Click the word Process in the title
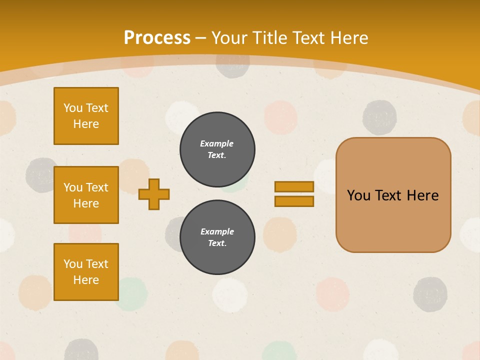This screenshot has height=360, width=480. pyautogui.click(x=157, y=38)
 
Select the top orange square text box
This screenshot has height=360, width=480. pyautogui.click(x=86, y=116)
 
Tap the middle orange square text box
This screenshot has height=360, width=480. pyautogui.click(x=86, y=195)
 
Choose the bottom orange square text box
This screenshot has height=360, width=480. pyautogui.click(x=86, y=272)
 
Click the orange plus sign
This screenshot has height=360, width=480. pyautogui.click(x=154, y=194)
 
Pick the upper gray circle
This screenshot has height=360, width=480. pyautogui.click(x=217, y=149)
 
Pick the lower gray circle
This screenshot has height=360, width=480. pyautogui.click(x=217, y=237)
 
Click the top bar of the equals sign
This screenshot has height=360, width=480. pyautogui.click(x=294, y=186)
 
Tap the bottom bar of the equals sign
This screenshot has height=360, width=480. pyautogui.click(x=294, y=201)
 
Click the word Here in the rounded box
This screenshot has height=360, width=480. pyautogui.click(x=422, y=195)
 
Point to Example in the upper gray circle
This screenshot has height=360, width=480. pyautogui.click(x=217, y=143)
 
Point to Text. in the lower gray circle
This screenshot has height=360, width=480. pyautogui.click(x=217, y=243)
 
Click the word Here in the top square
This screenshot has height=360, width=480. pyautogui.click(x=86, y=124)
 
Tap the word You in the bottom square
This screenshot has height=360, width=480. pyautogui.click(x=73, y=264)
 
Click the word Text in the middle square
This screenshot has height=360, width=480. pyautogui.click(x=96, y=187)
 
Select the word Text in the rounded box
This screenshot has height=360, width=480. pyautogui.click(x=389, y=195)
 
